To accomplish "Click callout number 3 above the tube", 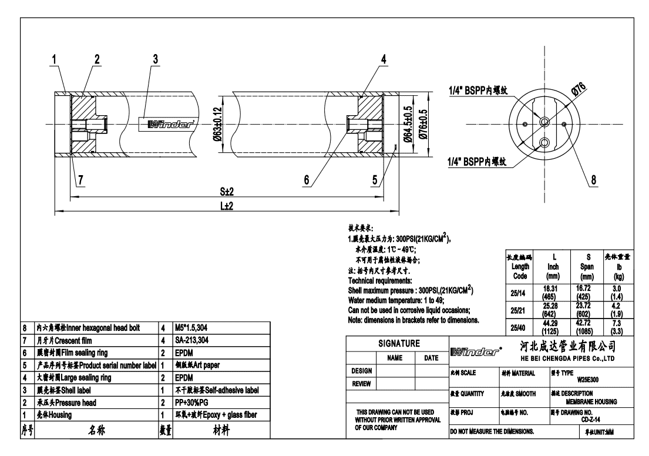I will click(156, 59).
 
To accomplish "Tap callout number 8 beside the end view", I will click(595, 180).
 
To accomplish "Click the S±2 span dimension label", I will click(226, 192).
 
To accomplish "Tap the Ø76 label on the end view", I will click(580, 89).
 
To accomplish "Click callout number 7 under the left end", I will click(78, 180).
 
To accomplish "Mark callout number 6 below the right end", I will click(306, 180).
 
